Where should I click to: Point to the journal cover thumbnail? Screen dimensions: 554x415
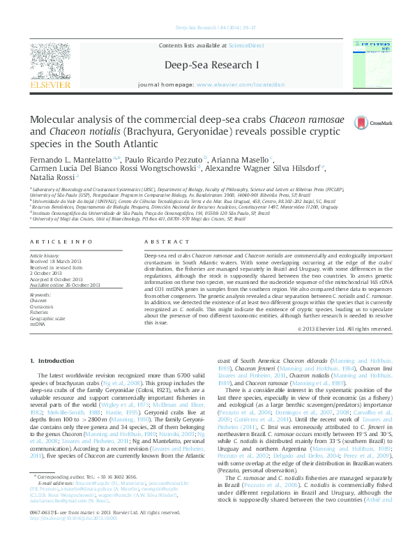[x=369, y=63]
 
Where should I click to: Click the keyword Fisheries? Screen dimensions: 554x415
[x=39, y=313]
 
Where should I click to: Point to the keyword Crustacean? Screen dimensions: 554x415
[x=42, y=306]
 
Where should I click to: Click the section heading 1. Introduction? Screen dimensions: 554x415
[x=54, y=360]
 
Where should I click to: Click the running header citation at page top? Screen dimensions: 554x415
[x=207, y=27]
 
